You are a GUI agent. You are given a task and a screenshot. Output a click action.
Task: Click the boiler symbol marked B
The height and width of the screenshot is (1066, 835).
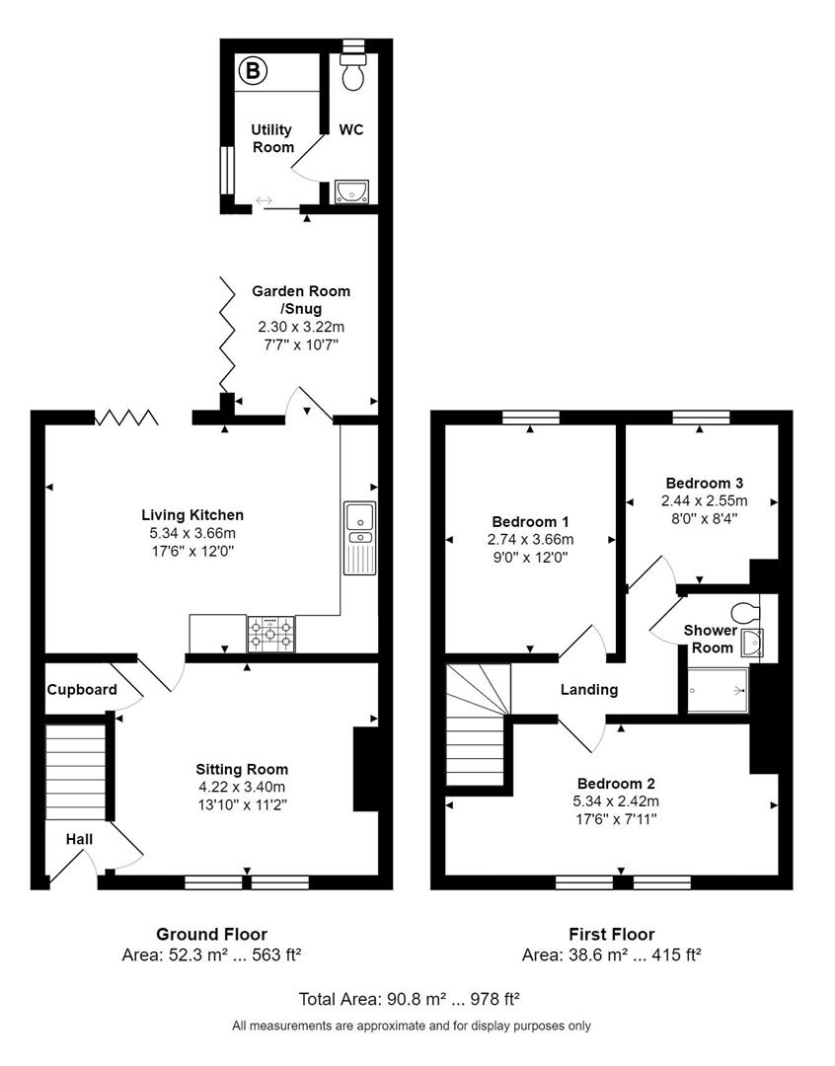[254, 70]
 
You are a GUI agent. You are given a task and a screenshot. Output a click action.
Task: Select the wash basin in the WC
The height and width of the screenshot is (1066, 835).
[351, 191]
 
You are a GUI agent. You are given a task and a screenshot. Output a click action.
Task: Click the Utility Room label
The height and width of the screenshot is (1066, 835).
[272, 138]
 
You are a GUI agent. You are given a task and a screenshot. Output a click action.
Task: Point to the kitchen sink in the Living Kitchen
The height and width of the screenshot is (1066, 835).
[359, 538]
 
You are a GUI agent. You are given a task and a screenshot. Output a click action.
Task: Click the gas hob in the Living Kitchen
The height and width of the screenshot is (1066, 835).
[271, 635]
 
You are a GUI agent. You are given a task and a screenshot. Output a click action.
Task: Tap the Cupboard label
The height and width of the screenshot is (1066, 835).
[82, 689]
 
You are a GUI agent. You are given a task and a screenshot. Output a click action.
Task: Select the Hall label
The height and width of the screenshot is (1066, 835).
[80, 839]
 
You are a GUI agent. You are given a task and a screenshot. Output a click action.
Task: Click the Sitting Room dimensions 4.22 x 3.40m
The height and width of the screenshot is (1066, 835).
[241, 788]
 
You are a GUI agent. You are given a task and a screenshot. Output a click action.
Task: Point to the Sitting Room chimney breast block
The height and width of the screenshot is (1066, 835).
[366, 769]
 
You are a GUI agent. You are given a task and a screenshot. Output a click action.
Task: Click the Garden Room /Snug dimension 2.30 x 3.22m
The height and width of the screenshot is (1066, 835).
[301, 327]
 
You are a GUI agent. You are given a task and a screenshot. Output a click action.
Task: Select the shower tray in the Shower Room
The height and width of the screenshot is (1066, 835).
[718, 690]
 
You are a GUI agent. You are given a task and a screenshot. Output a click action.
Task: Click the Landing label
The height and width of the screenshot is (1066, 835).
[589, 689]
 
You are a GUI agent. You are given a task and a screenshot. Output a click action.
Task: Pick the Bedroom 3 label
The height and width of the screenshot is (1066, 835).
[705, 484]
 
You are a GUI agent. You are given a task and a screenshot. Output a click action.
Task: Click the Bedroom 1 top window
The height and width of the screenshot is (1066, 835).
[531, 418]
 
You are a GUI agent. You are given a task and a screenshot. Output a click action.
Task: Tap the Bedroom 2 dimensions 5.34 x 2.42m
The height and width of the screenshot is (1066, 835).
[615, 800]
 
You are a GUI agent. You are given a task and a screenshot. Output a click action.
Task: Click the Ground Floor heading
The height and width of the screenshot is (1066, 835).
[211, 934]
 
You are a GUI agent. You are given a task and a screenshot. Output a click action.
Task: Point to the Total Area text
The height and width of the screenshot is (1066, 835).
[410, 999]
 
